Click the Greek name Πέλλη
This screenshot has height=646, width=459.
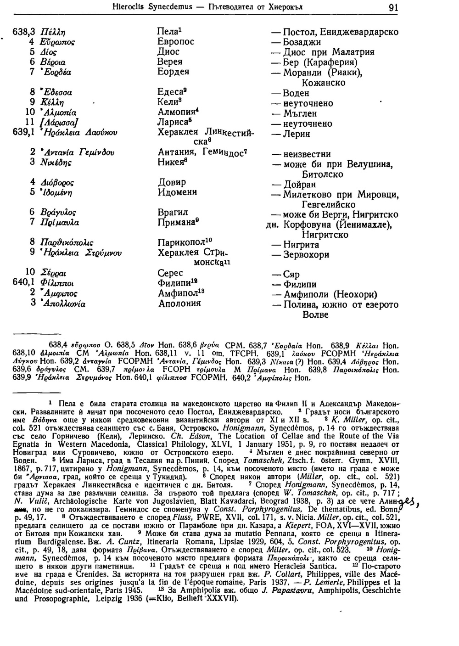[53, 32]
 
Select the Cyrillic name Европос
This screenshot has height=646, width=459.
[176, 42]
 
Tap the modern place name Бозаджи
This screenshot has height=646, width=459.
[302, 42]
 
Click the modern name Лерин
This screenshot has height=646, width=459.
[297, 134]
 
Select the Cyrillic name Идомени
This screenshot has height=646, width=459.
[177, 192]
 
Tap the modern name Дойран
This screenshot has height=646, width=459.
[299, 185]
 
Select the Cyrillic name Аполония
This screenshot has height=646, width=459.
[179, 304]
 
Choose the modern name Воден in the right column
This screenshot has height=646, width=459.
[297, 93]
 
